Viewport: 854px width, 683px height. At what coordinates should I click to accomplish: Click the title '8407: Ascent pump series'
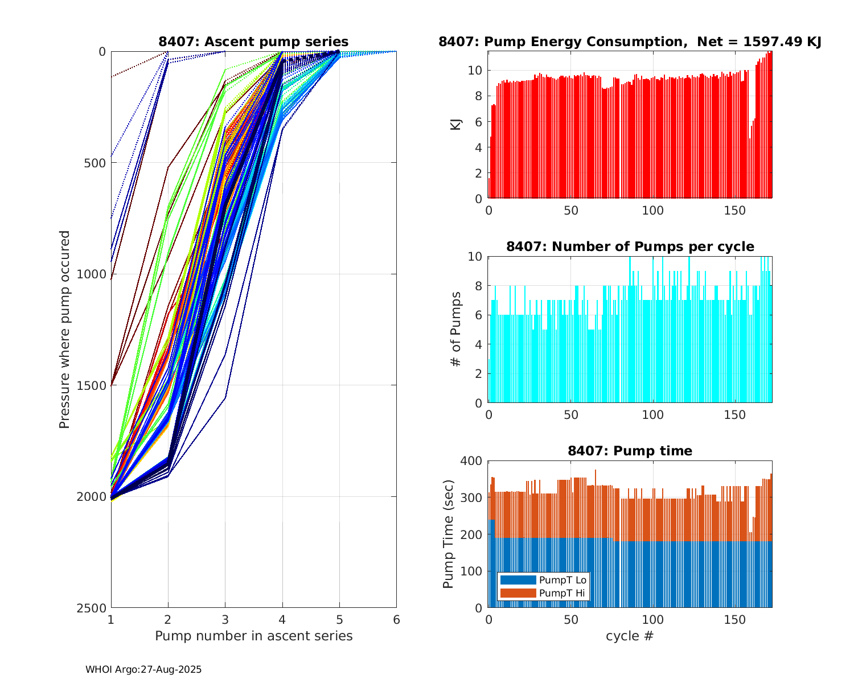point(253,42)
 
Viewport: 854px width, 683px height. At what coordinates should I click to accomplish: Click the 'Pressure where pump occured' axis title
point(64,329)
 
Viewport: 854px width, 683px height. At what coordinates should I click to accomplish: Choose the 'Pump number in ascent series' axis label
point(253,636)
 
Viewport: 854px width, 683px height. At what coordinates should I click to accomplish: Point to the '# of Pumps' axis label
point(455,329)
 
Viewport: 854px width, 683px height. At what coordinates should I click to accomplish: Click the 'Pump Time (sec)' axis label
point(449,534)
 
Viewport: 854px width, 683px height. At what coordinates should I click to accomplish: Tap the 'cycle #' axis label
point(630,636)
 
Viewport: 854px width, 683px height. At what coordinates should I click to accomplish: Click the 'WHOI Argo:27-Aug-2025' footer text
point(143,670)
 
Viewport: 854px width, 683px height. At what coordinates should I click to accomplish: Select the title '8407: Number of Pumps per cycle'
point(630,246)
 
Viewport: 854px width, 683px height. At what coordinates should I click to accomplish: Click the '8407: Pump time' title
point(630,451)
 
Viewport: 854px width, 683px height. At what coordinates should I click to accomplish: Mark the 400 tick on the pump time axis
point(474,460)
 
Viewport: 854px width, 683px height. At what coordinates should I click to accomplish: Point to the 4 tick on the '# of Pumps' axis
point(478,344)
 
